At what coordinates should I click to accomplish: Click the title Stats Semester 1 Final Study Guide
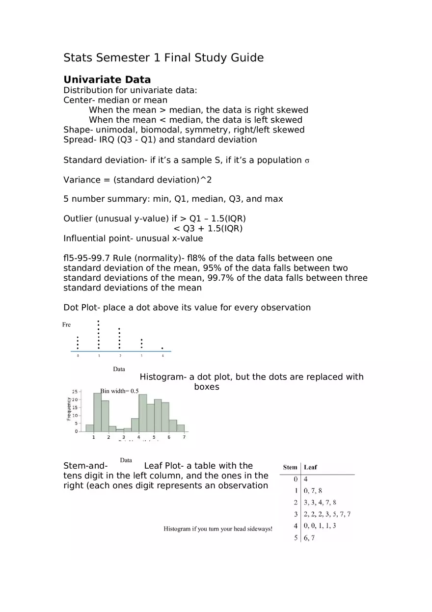coord(163,58)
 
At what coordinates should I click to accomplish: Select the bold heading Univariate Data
coord(107,80)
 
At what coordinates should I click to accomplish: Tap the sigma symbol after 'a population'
coord(307,160)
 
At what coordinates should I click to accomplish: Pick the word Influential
coord(84,239)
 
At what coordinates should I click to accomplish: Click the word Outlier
coord(78,218)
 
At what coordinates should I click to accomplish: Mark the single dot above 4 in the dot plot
coord(162,348)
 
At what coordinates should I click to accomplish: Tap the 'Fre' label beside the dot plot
coord(66,325)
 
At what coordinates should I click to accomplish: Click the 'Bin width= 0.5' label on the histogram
coord(119,391)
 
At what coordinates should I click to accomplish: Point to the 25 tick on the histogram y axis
coord(75,392)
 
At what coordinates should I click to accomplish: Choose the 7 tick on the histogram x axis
coord(184,437)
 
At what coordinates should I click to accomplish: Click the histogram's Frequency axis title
coord(69,408)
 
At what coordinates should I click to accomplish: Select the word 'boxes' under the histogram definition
coord(206,387)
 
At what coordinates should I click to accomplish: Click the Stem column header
coord(290,467)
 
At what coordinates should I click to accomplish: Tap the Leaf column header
coord(310,467)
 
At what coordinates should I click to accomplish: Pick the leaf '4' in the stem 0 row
coord(306,479)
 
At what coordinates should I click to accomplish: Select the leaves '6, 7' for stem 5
coord(309,537)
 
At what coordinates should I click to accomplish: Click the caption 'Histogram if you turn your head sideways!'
coord(217,529)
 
